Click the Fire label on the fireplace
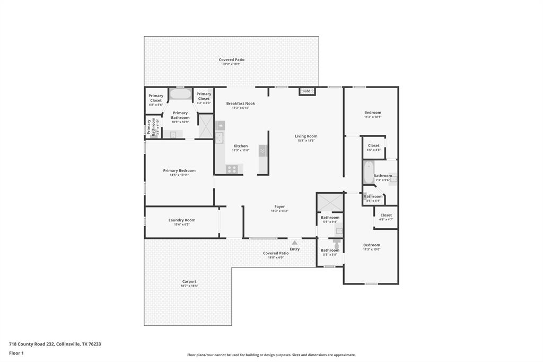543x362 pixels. click(x=306, y=91)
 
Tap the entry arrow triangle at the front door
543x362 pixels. click(x=294, y=243)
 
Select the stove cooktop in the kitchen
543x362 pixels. click(x=232, y=169)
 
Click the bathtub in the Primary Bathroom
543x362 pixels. click(x=180, y=94)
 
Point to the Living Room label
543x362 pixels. click(x=306, y=136)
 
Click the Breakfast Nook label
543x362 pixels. click(x=240, y=104)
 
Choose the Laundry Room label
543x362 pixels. click(x=182, y=220)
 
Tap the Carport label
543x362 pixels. click(x=189, y=281)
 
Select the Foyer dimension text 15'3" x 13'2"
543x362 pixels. click(x=279, y=211)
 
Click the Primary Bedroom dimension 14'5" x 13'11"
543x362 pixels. click(x=179, y=175)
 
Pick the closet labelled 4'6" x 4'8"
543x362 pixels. click(x=374, y=148)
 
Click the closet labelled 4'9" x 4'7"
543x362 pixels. click(x=386, y=217)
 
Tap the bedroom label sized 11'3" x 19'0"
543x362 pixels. click(x=372, y=245)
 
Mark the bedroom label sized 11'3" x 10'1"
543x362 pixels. click(x=372, y=113)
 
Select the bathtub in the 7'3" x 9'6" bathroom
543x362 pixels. click(x=369, y=172)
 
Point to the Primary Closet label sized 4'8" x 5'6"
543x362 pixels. click(x=156, y=98)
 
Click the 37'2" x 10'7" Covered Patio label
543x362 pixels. click(x=232, y=60)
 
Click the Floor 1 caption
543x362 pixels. click(x=16, y=352)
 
